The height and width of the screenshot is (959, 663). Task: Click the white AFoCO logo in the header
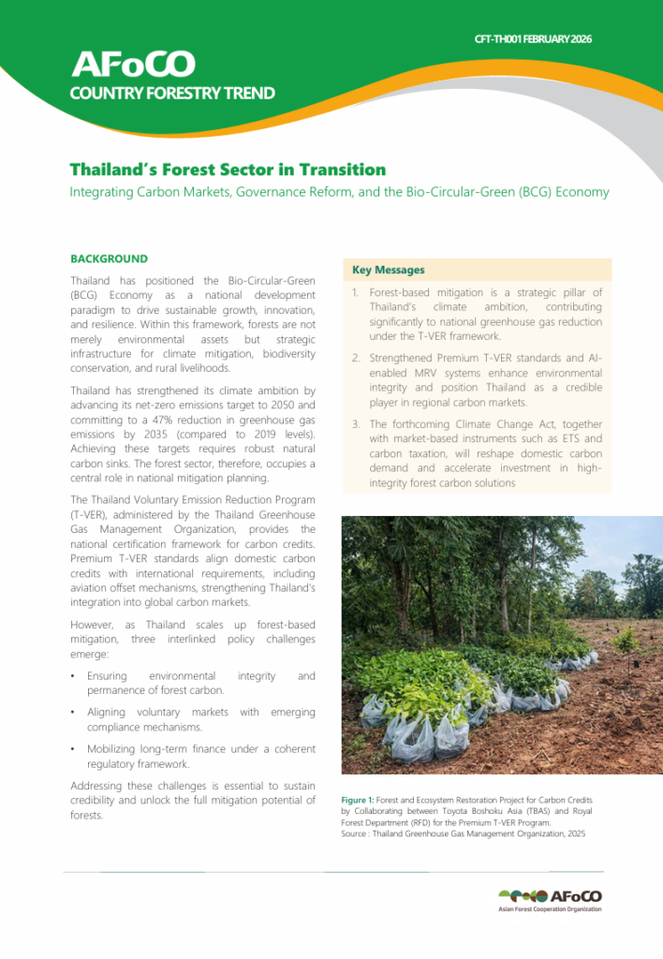tap(133, 64)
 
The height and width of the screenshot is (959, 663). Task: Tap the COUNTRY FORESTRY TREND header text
tap(172, 93)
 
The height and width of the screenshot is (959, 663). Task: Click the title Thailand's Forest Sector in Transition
tap(228, 170)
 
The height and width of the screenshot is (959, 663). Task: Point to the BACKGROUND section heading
tap(109, 258)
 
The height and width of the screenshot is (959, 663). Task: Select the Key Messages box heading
tap(388, 270)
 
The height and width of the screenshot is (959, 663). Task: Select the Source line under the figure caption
tap(463, 834)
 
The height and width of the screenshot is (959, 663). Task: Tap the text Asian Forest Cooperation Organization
tap(550, 909)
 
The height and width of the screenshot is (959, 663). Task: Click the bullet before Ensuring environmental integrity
tap(74, 676)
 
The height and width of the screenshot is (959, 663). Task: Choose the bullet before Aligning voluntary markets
tap(74, 713)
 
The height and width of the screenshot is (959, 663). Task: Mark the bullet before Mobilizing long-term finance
tap(74, 749)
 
